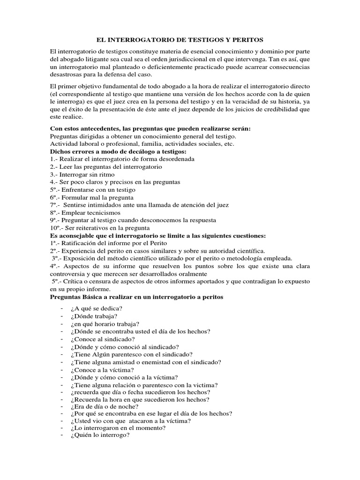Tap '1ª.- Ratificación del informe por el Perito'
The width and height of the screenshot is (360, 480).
click(x=108, y=243)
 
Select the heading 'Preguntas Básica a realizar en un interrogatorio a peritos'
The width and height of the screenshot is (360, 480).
click(x=136, y=297)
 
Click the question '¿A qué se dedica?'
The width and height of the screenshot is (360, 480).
click(x=97, y=308)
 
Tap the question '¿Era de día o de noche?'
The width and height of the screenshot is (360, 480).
click(x=104, y=406)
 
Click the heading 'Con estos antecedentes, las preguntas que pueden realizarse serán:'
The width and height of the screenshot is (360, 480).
click(x=150, y=128)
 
